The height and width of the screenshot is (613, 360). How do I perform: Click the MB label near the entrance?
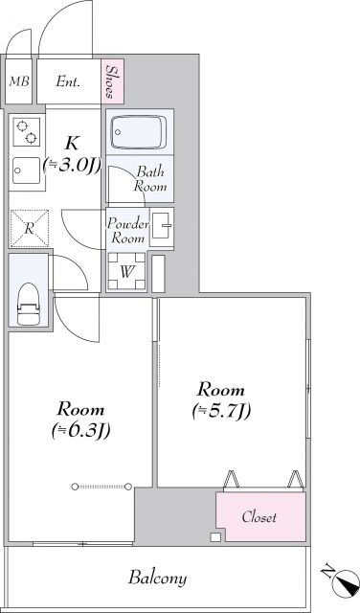pos(18,82)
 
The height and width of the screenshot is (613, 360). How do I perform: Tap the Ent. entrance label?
pos(68,82)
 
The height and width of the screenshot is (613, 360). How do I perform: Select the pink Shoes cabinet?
pos(114,81)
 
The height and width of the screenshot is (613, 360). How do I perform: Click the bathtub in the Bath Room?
pos(139,131)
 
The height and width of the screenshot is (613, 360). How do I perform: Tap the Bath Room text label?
pos(151,179)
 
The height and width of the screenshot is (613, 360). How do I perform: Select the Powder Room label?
pos(126,230)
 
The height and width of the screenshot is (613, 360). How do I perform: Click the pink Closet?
pos(259,517)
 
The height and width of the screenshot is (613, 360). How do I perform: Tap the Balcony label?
pos(158,579)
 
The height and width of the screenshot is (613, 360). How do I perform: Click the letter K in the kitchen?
pos(72,143)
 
